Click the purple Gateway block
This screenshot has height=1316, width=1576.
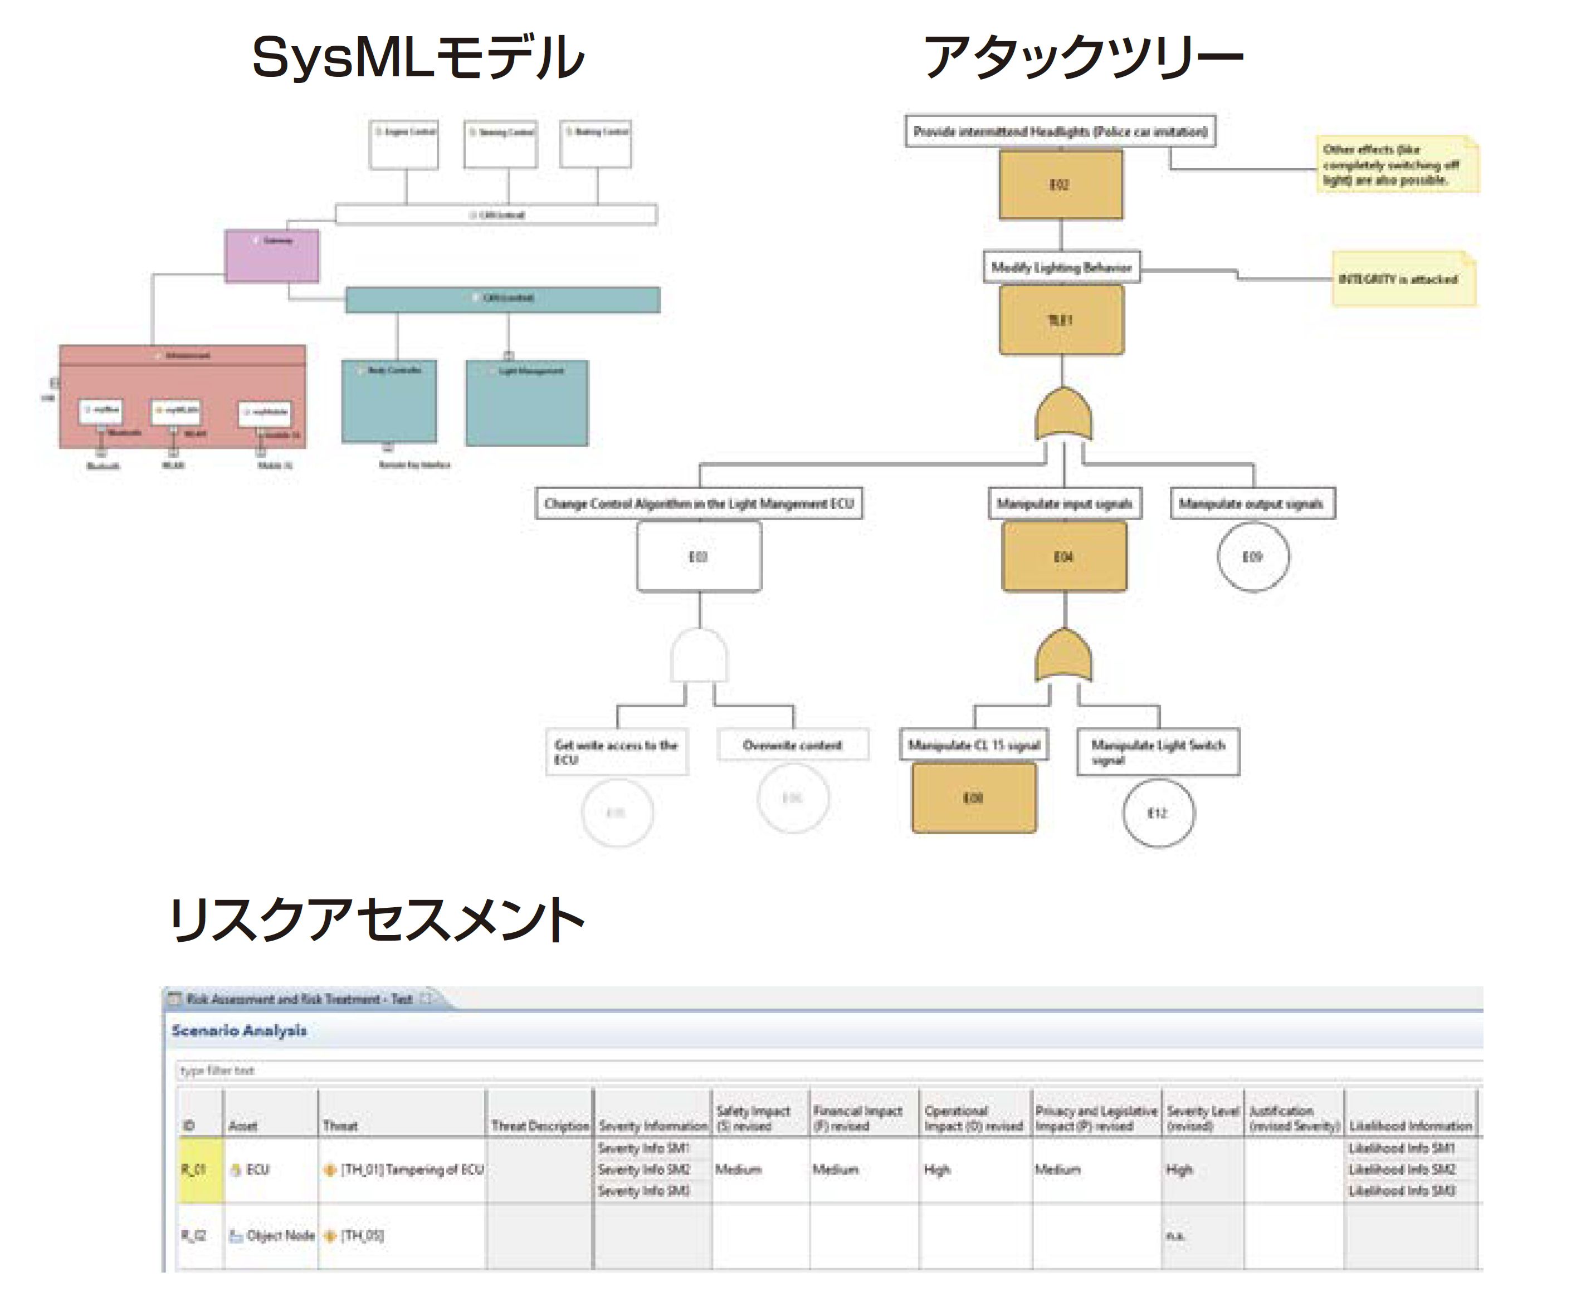[x=272, y=256]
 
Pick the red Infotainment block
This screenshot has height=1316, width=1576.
[x=182, y=395]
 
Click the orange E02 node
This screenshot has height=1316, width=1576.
[x=1061, y=184]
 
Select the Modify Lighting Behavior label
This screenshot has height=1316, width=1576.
[x=1061, y=267]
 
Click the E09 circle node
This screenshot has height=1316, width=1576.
[x=1252, y=557]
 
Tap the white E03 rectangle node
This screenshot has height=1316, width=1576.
[x=699, y=557]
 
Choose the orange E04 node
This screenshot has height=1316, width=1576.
[x=1063, y=557]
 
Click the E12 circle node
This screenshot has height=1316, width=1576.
[x=1158, y=813]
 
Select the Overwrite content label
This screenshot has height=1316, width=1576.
[x=793, y=745]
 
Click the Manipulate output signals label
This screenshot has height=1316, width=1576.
[x=1251, y=503]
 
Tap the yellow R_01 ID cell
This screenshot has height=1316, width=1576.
[x=199, y=1170]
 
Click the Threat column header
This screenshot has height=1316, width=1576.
[x=340, y=1126]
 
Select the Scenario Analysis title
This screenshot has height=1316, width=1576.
[x=238, y=1030]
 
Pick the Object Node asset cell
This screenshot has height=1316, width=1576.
[x=272, y=1236]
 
